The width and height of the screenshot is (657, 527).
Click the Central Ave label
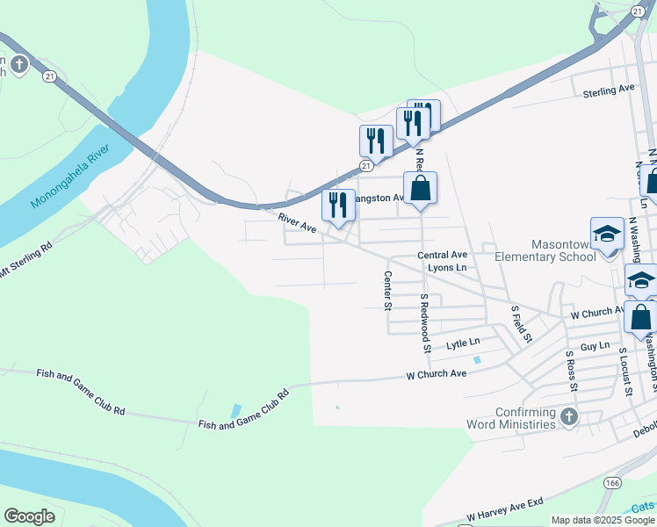click(442, 255)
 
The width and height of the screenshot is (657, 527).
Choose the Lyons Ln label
click(446, 267)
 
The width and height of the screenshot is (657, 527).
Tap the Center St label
click(387, 290)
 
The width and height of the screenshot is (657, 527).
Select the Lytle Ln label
click(463, 343)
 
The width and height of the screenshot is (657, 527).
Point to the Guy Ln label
click(595, 347)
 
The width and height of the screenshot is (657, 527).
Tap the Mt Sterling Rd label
click(26, 260)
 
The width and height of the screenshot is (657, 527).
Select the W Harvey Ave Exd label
click(506, 509)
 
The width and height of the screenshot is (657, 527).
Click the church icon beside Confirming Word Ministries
click(568, 415)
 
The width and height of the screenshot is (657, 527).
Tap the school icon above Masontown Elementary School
click(607, 234)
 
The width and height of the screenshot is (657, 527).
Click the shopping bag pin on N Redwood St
click(421, 188)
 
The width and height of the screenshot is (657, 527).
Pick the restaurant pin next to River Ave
click(338, 206)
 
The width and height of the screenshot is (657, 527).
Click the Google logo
click(29, 516)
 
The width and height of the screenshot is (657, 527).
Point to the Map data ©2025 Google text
click(603, 520)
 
